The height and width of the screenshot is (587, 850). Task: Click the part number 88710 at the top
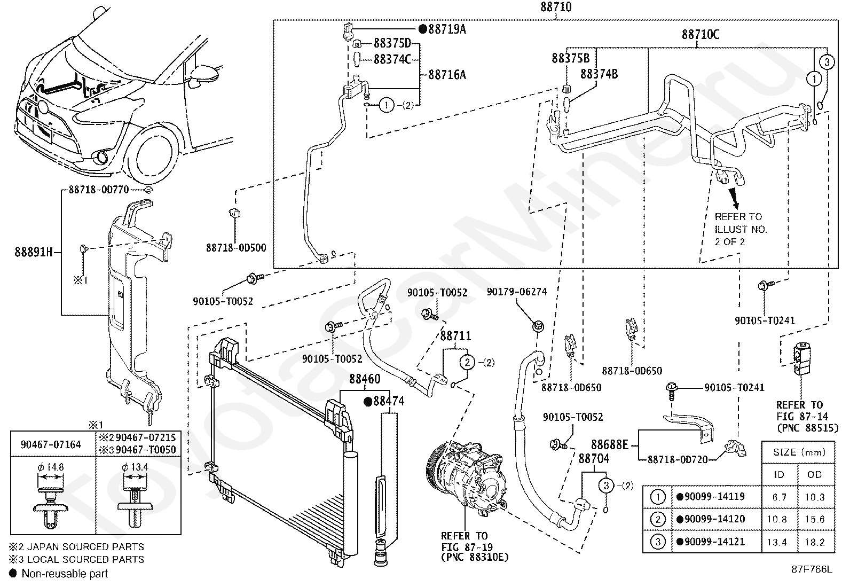coord(556,7)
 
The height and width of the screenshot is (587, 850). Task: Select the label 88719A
coord(447,29)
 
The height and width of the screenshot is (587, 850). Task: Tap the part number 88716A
coord(447,75)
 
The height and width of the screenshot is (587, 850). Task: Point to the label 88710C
coord(701,35)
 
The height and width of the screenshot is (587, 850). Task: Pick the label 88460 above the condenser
coord(365,379)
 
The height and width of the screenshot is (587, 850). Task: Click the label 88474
coord(389,401)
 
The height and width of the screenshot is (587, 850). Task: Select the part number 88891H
coord(34,252)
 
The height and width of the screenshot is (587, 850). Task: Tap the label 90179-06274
coord(517,292)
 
